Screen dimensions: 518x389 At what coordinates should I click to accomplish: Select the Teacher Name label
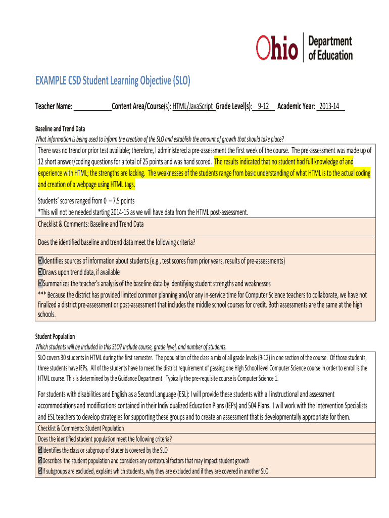[54, 107]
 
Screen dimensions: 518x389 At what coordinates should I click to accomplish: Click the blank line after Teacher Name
[93, 107]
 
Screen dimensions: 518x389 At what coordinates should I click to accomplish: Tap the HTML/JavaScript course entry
[194, 107]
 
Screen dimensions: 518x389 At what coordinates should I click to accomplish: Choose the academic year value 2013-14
[329, 107]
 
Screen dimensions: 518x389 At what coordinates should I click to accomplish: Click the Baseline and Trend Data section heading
[60, 129]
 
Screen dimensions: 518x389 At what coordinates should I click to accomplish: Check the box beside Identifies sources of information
[40, 261]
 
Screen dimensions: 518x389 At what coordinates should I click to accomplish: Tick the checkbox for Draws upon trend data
[40, 272]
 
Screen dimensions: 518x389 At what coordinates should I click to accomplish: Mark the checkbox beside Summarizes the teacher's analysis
[40, 283]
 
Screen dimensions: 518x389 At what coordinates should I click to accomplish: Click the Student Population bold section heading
[55, 336]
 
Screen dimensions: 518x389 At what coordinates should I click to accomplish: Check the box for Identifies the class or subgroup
[40, 450]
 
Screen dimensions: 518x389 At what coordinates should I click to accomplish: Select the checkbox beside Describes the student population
[40, 460]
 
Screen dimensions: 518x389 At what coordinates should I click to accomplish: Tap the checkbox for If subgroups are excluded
[40, 471]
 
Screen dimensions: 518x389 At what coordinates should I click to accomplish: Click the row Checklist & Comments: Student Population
[81, 428]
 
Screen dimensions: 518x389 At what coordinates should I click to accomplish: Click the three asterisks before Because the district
[42, 294]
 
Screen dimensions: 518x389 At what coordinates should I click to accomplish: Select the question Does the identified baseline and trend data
[116, 242]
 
